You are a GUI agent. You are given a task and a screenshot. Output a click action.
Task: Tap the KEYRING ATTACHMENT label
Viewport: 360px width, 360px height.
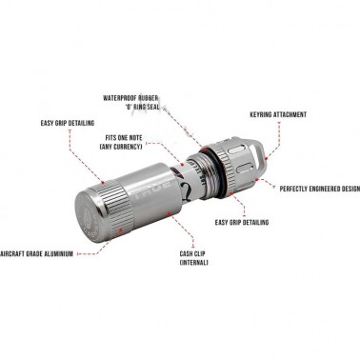click(278, 114)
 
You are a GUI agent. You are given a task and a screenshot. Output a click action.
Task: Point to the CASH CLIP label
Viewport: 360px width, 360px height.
click(192, 253)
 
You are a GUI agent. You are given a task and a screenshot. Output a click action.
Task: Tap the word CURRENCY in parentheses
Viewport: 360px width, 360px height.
click(129, 147)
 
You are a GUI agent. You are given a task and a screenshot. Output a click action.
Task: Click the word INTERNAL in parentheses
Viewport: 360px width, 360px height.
click(193, 263)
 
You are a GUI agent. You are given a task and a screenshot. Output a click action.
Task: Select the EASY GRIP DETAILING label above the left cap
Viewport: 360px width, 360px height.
click(68, 123)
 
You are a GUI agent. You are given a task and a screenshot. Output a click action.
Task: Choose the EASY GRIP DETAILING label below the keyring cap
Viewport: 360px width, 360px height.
click(242, 222)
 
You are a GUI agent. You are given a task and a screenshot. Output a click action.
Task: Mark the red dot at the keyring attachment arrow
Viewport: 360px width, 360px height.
click(266, 158)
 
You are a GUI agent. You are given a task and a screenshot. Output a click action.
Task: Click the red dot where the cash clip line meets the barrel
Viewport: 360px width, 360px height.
click(170, 213)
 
